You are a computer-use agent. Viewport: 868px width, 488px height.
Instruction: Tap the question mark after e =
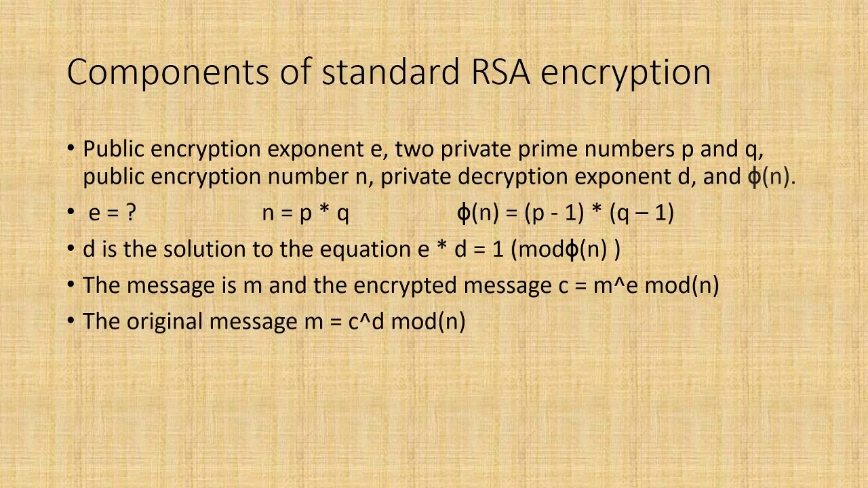coord(131,213)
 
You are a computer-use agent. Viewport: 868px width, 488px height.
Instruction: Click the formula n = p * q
coord(305,213)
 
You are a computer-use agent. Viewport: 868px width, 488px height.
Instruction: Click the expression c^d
coord(366,321)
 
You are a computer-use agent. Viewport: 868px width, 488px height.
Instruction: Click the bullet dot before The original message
coord(72,321)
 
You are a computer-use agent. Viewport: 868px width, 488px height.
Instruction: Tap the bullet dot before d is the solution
coord(72,249)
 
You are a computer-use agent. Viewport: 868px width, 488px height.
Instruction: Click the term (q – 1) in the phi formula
coord(642,213)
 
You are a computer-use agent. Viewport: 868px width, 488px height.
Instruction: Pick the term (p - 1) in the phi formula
coord(555,213)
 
